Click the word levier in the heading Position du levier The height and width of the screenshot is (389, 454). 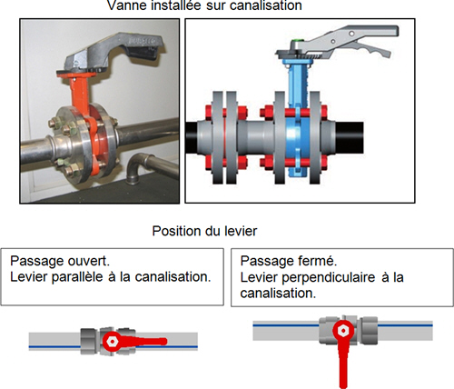(241, 231)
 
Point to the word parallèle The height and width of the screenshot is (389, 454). (77, 277)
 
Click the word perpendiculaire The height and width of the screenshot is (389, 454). (329, 277)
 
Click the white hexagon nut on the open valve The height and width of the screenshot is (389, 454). (113, 342)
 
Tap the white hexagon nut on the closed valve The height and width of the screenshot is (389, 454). (343, 331)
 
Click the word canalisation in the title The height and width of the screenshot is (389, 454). (266, 5)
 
